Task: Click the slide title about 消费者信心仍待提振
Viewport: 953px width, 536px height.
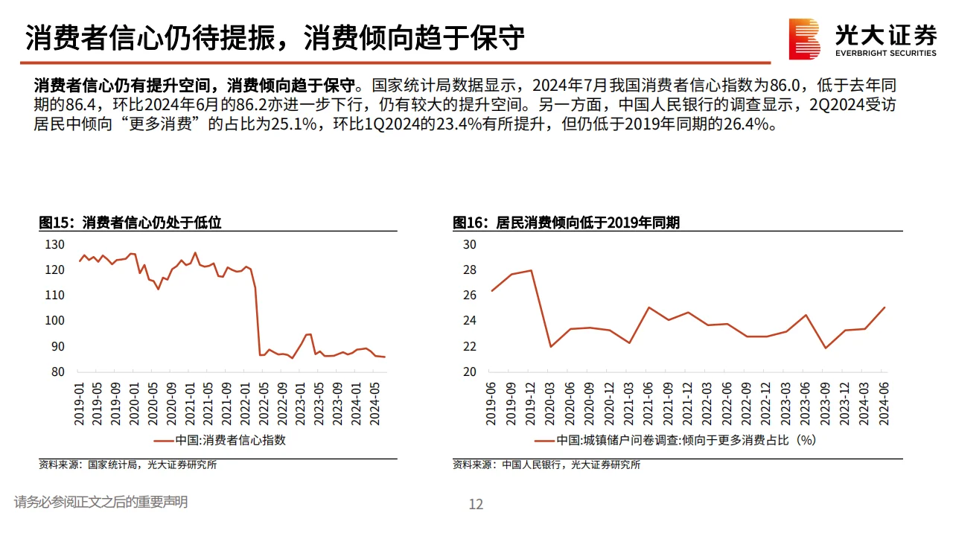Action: click(x=275, y=37)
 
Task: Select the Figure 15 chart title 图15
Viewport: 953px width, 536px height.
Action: click(x=130, y=223)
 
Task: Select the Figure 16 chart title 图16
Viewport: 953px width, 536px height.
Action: click(x=566, y=223)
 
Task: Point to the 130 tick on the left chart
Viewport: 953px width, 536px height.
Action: click(x=55, y=244)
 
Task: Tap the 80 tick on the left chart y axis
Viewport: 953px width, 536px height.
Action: click(x=58, y=371)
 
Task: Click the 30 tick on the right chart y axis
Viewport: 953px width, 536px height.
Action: click(x=469, y=244)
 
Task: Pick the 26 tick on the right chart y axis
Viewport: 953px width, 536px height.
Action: click(x=469, y=295)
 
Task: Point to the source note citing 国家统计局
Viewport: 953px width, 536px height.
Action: click(x=128, y=465)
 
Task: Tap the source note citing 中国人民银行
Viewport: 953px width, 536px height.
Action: click(x=546, y=465)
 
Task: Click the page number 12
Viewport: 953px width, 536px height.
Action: click(x=476, y=504)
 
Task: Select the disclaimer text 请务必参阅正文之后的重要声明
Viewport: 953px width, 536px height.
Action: click(x=101, y=502)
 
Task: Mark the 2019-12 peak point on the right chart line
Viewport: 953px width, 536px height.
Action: click(x=531, y=270)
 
